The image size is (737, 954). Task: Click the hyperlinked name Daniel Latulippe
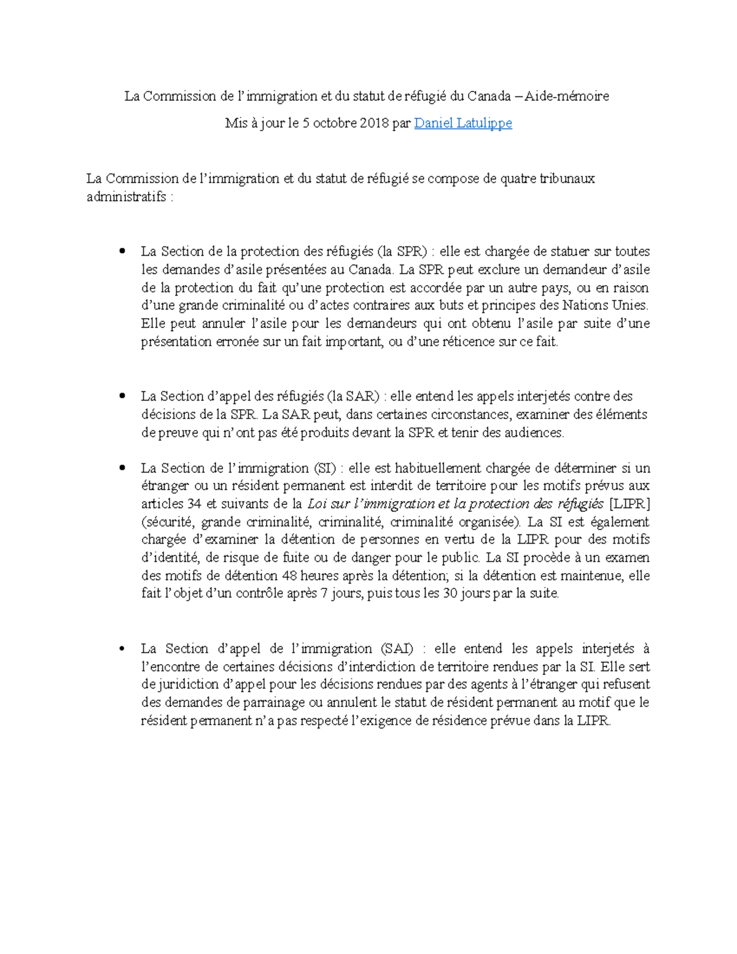(463, 123)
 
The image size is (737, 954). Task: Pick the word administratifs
(126, 197)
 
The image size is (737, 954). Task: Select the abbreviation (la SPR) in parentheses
(402, 251)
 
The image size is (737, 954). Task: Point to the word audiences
(532, 432)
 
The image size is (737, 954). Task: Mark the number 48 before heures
(289, 576)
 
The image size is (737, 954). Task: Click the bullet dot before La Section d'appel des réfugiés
(123, 396)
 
